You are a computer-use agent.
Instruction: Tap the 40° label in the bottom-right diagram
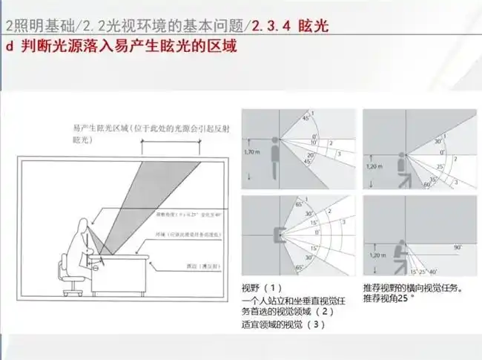(x=433, y=272)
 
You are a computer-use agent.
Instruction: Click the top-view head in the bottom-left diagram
(x=280, y=236)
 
